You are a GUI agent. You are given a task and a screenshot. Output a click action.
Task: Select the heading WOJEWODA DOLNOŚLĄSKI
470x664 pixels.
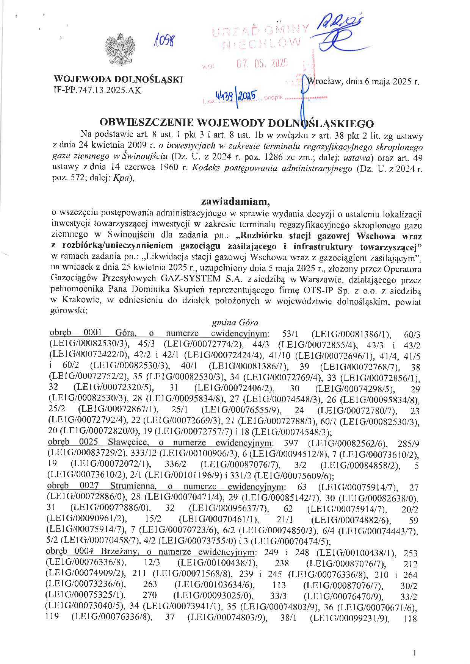[x=119, y=80]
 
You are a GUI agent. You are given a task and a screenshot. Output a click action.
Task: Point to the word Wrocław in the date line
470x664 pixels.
[x=326, y=81]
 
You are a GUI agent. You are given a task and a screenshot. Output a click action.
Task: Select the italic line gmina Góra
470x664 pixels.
[x=235, y=323]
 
